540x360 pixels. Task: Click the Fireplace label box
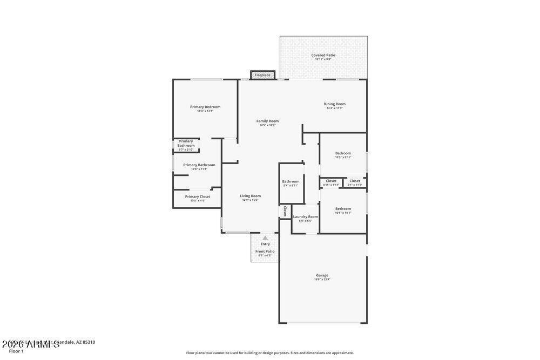[262, 75]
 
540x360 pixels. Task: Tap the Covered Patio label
[323, 55]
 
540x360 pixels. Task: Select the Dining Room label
[334, 104]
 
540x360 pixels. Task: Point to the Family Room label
[267, 121]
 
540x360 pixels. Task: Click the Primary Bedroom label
[205, 107]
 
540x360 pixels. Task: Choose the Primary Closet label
[198, 196]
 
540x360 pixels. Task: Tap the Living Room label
[250, 196]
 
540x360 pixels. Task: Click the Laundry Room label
[306, 216]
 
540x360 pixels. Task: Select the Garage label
[322, 275]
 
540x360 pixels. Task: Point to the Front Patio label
[265, 252]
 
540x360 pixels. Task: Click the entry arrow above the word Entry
[265, 237]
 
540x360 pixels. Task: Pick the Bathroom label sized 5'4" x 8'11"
[291, 181]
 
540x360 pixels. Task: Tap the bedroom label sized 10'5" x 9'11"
[343, 153]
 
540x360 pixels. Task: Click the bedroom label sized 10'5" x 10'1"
[343, 209]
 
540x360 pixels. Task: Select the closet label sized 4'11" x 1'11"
[331, 181]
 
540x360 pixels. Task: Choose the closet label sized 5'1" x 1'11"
[355, 181]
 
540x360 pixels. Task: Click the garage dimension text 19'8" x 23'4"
[322, 280]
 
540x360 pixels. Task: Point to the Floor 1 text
[16, 351]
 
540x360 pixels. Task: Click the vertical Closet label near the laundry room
[285, 211]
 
